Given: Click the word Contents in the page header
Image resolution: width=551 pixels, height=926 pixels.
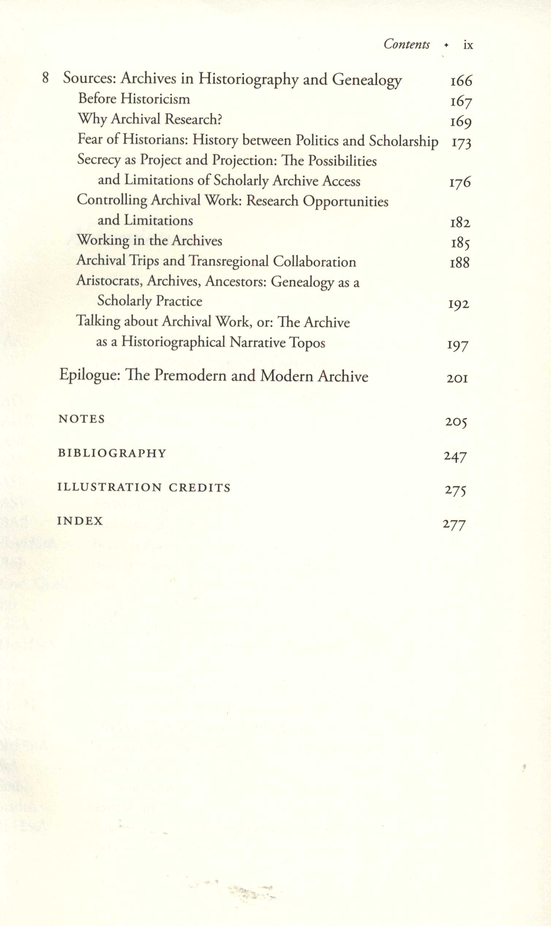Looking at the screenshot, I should pyautogui.click(x=406, y=44).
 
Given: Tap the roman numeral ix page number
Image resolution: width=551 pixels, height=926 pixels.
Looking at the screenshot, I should pyautogui.click(x=468, y=45).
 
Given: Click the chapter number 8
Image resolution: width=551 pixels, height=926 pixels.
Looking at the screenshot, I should pyautogui.click(x=45, y=78).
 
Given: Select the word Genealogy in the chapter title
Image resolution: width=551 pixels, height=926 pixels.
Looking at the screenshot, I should pyautogui.click(x=367, y=80).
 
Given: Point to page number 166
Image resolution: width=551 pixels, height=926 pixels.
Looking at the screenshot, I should pyautogui.click(x=461, y=81).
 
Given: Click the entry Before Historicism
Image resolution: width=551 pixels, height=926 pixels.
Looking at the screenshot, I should pyautogui.click(x=134, y=99).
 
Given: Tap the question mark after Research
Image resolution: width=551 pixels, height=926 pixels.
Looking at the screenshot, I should pyautogui.click(x=219, y=119).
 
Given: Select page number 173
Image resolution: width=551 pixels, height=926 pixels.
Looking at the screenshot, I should pyautogui.click(x=461, y=143).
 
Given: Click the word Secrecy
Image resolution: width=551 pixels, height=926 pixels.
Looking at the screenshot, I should pyautogui.click(x=99, y=160).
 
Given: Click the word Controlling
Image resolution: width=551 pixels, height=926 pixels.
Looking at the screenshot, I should pyautogui.click(x=112, y=200).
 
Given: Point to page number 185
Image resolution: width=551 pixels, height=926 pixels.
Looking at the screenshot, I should pyautogui.click(x=460, y=243).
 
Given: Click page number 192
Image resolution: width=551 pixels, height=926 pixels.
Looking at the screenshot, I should pyautogui.click(x=459, y=305).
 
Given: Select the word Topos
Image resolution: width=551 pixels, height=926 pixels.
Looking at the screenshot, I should pyautogui.click(x=307, y=342).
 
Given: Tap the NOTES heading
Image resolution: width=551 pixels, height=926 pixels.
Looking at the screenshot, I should pyautogui.click(x=81, y=419).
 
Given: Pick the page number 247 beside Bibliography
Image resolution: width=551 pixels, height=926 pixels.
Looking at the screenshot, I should pyautogui.click(x=455, y=456).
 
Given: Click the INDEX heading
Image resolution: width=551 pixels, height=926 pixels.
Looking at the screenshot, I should pyautogui.click(x=80, y=521).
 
